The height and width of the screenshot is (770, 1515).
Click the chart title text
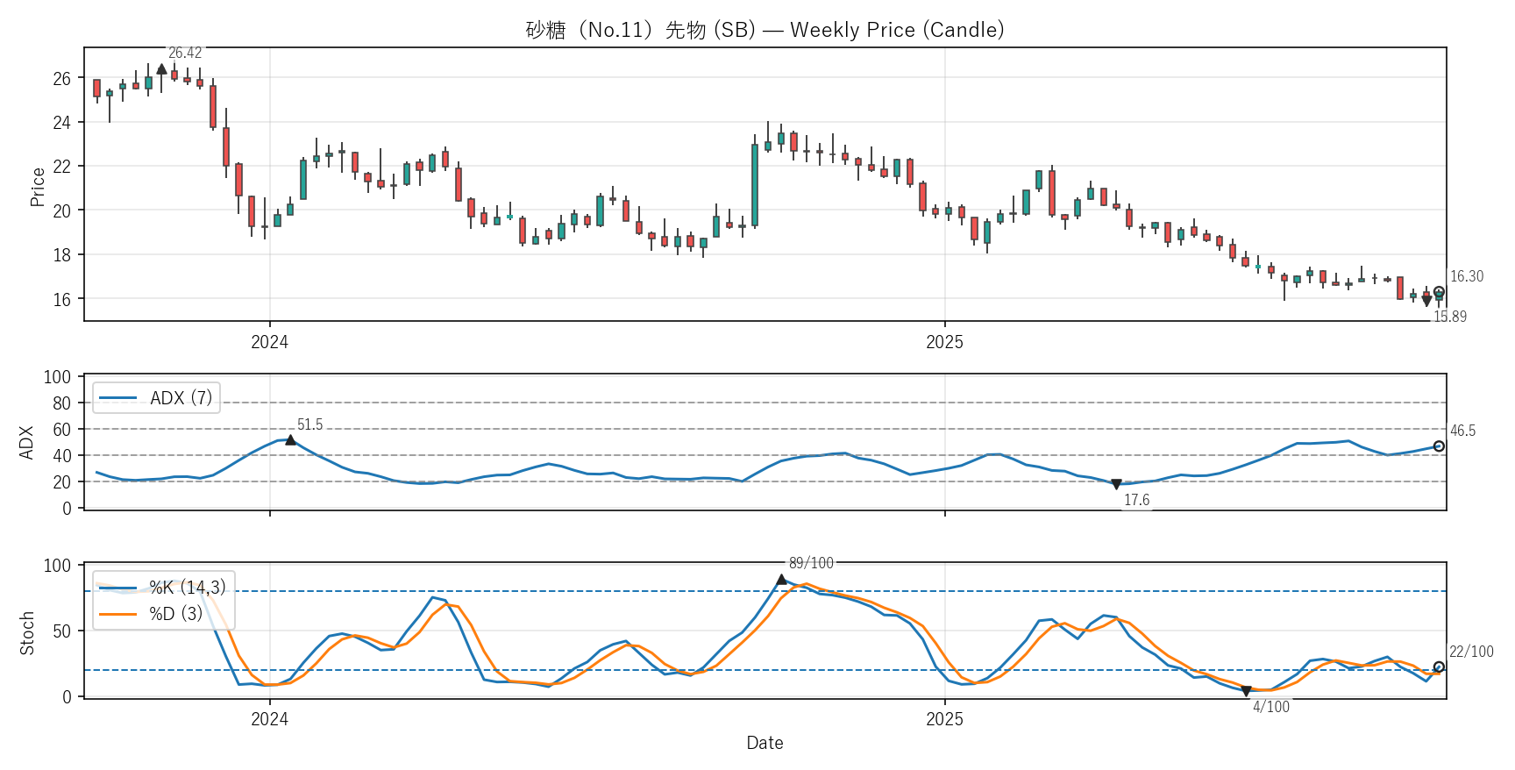tap(765, 30)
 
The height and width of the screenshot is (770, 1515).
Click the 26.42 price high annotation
tap(185, 53)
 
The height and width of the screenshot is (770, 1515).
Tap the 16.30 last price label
tap(1466, 276)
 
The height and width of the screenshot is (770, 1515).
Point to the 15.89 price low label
tap(1449, 317)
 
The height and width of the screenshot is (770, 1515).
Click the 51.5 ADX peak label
tap(309, 425)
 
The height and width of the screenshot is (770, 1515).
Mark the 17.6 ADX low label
tap(1136, 500)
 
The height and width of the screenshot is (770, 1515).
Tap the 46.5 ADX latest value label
tap(1462, 431)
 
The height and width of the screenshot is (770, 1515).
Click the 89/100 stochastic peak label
tap(811, 563)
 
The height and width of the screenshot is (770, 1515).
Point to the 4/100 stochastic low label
tap(1270, 707)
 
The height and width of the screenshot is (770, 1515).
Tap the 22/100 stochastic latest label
tap(1470, 652)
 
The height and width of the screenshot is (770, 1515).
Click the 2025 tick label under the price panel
tap(944, 342)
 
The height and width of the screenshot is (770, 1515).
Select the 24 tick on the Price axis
tap(61, 123)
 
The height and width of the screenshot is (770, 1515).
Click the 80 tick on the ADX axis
tap(61, 403)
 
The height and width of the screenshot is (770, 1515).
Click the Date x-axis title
tap(765, 743)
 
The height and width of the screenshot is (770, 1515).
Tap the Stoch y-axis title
tap(27, 632)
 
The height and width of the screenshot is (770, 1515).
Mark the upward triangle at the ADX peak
tap(290, 440)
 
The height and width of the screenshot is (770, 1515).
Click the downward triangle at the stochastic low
tap(1246, 691)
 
